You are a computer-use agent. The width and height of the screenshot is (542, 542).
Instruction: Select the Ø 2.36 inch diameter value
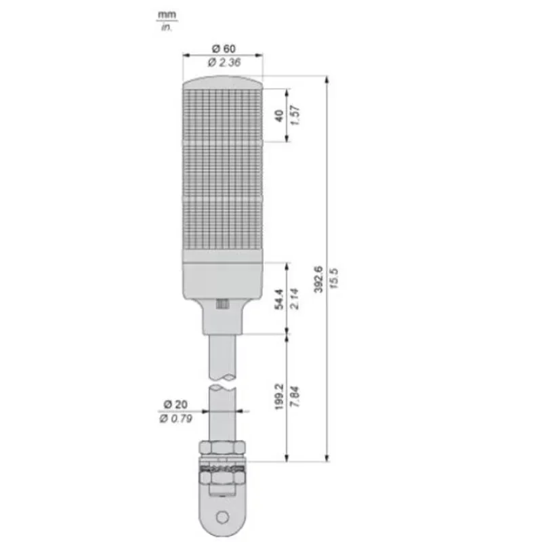click(x=224, y=62)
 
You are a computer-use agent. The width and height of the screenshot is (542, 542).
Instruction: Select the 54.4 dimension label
click(x=278, y=298)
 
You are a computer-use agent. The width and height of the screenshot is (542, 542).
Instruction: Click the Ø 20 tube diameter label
click(x=174, y=404)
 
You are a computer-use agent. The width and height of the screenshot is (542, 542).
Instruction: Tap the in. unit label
click(x=165, y=26)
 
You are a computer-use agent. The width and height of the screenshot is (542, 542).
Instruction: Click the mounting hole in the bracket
click(x=222, y=518)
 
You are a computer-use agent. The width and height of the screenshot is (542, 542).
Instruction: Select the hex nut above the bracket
click(x=222, y=448)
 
